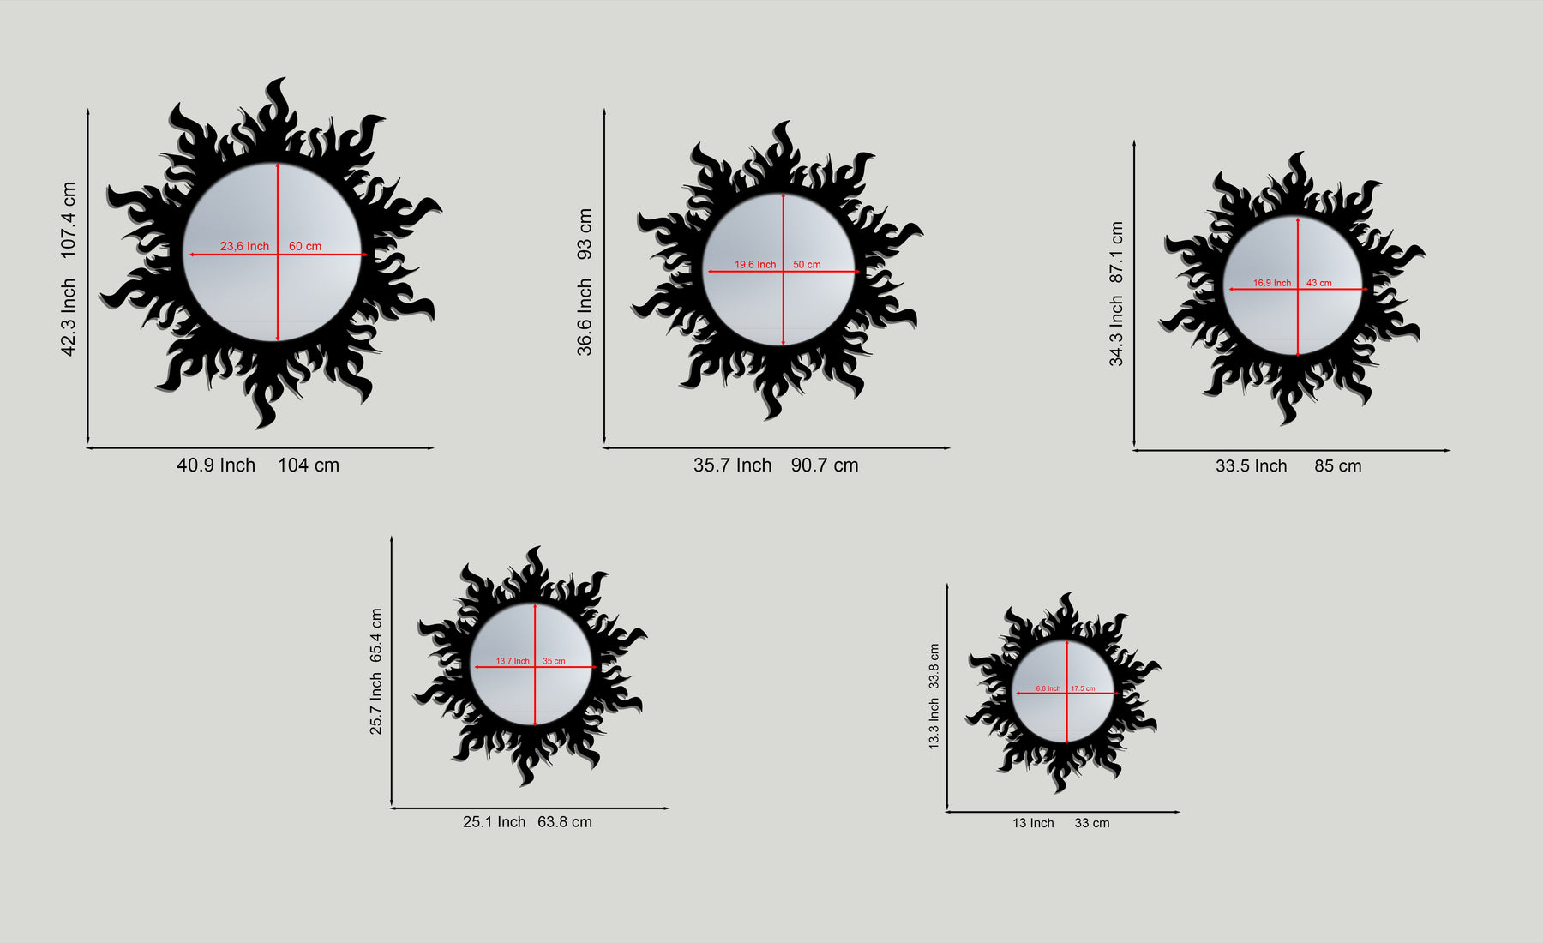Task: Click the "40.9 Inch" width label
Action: pyautogui.click(x=216, y=465)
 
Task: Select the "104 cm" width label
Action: pyautogui.click(x=309, y=465)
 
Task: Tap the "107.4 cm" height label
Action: pyautogui.click(x=69, y=219)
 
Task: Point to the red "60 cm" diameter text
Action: pyautogui.click(x=305, y=246)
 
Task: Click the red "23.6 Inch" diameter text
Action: pyautogui.click(x=244, y=246)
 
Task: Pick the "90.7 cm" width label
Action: pyautogui.click(x=825, y=465)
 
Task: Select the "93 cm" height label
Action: pyautogui.click(x=585, y=234)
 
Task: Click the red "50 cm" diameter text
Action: pyautogui.click(x=807, y=265)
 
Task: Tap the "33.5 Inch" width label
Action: pyautogui.click(x=1252, y=465)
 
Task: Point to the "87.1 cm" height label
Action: pyautogui.click(x=1116, y=253)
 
